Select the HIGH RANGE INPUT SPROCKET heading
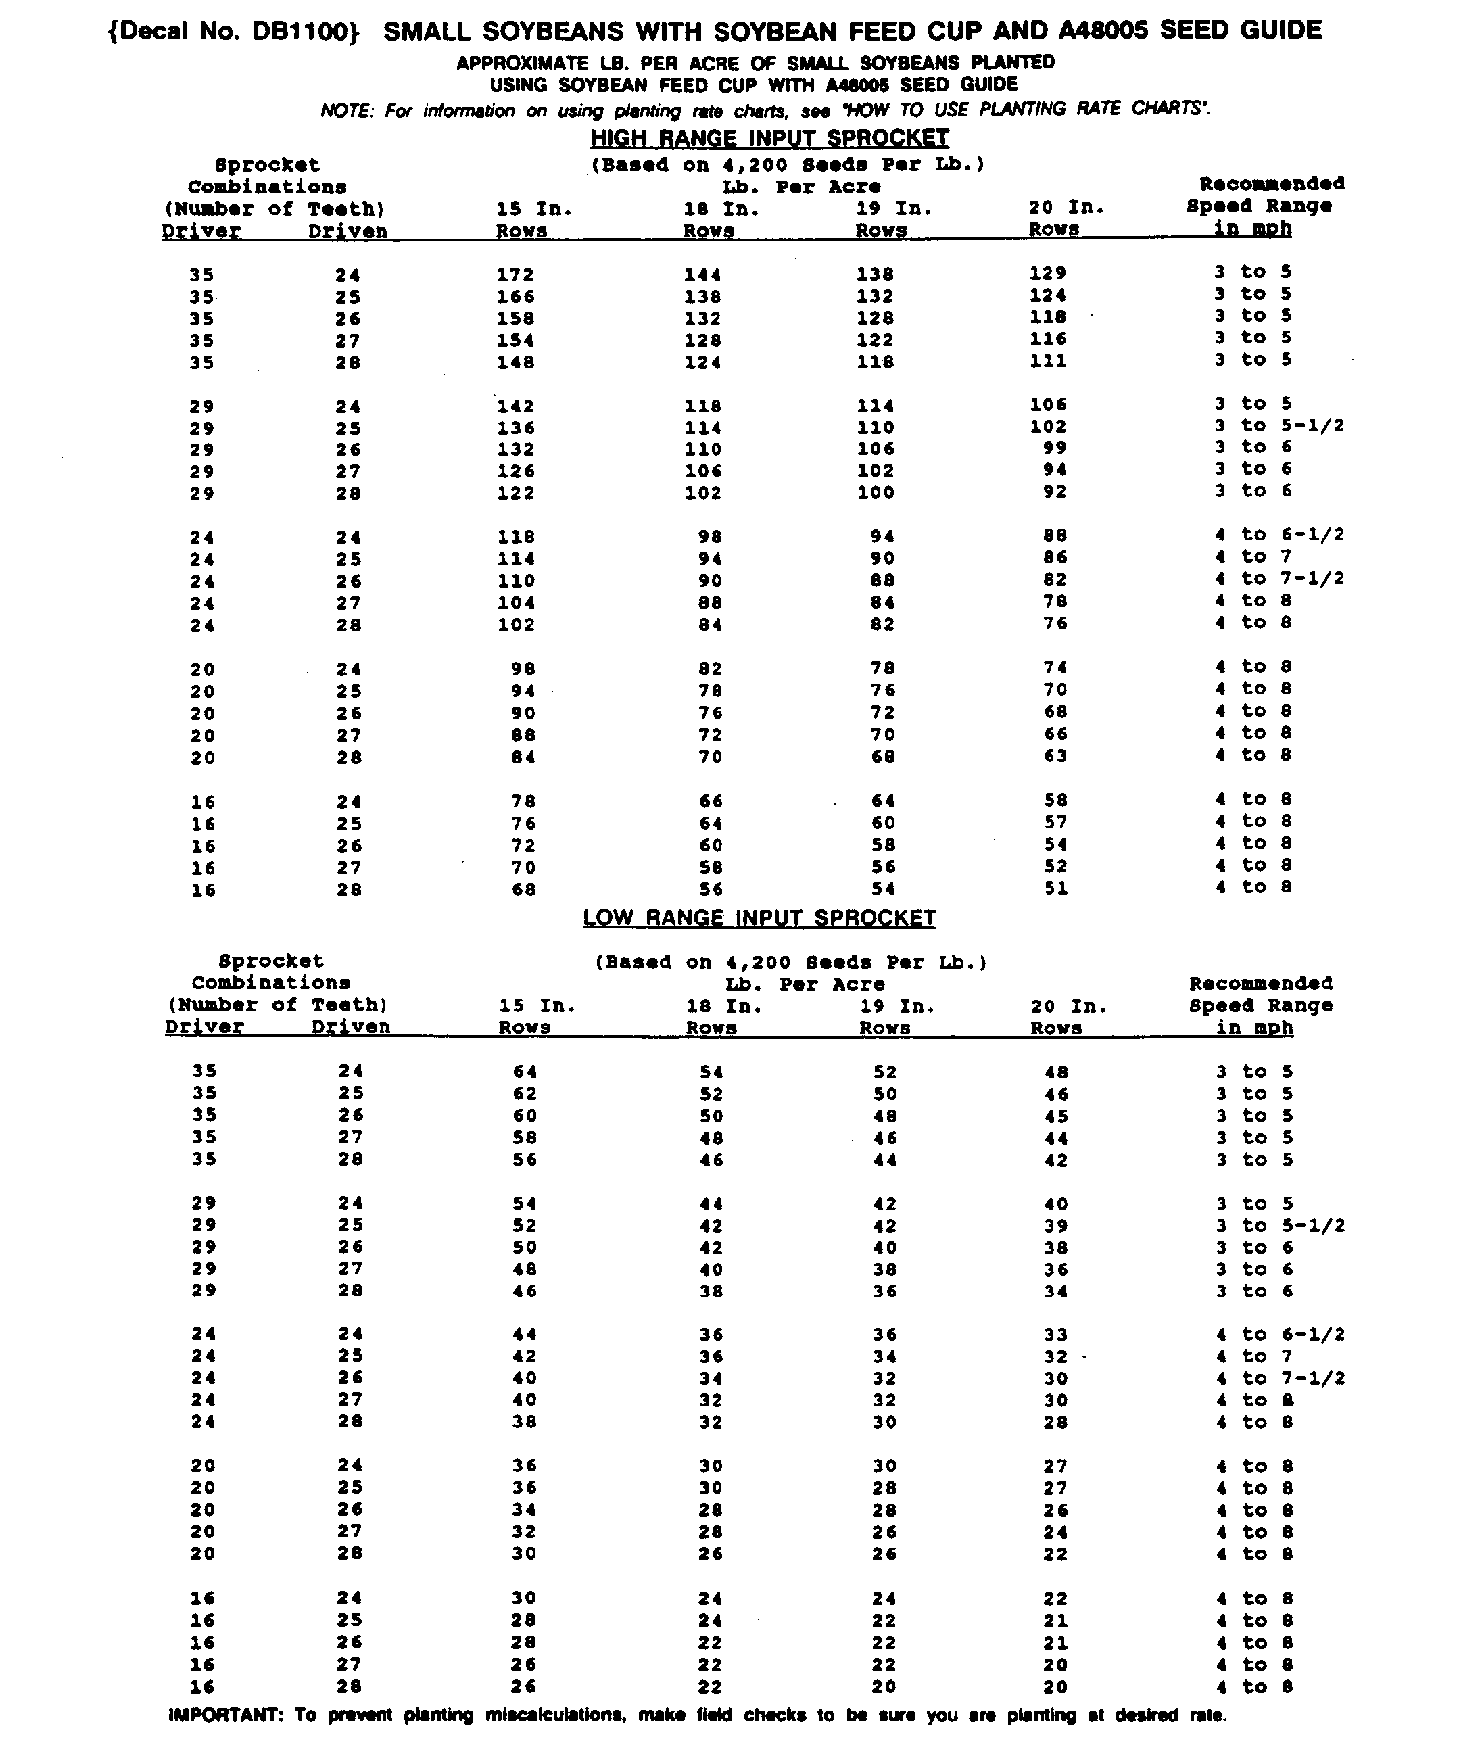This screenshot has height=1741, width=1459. tap(769, 138)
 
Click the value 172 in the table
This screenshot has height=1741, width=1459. tap(516, 275)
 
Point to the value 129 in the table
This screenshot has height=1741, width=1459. tap(1048, 272)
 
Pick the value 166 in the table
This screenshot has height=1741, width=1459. tap(516, 296)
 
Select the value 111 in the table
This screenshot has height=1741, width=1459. tap(1048, 360)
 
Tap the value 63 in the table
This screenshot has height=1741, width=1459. tap(1055, 755)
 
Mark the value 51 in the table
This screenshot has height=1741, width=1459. tap(1055, 888)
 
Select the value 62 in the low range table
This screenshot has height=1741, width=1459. tap(525, 1093)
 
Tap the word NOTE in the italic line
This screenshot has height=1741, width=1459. tap(348, 111)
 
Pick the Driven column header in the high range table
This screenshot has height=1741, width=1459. tap(348, 231)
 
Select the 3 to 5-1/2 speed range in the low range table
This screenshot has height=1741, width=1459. tap(1279, 1225)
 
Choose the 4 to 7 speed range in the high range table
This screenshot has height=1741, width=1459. tap(1253, 556)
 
